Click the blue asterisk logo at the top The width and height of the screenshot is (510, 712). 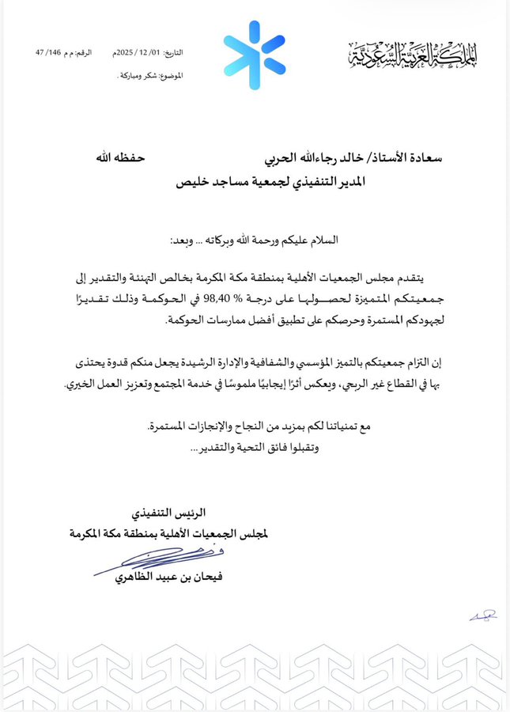[x=254, y=55]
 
